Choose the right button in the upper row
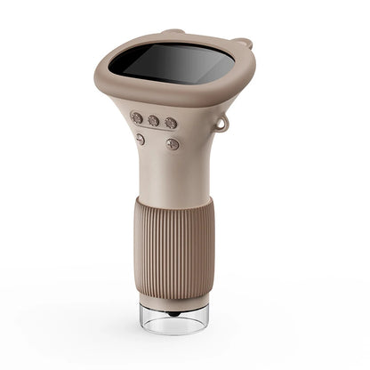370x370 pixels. (x=171, y=123)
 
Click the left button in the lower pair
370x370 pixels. (x=140, y=138)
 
